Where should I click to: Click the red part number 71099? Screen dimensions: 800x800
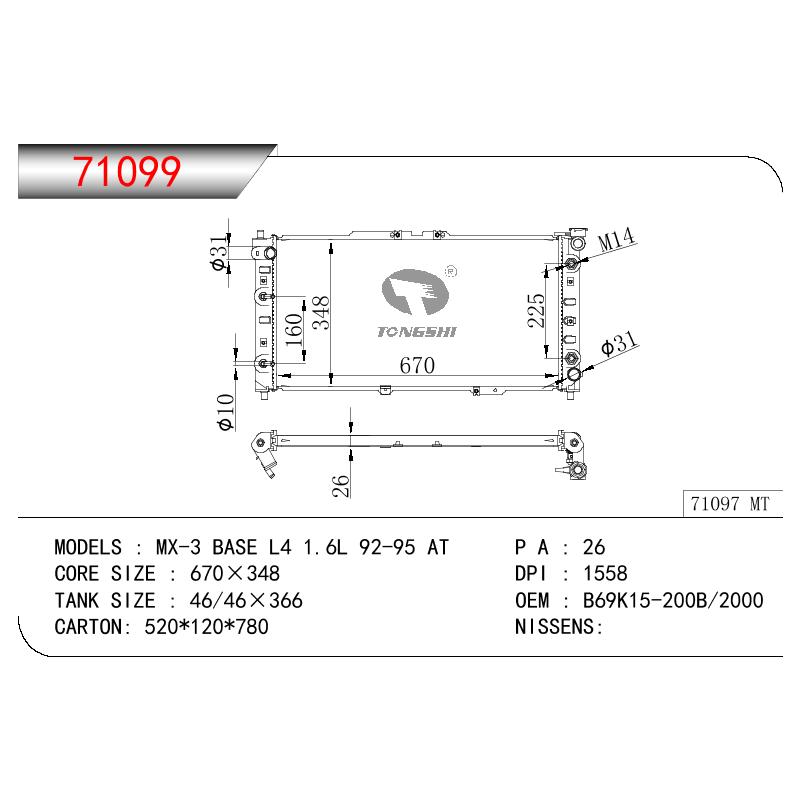pos(127,171)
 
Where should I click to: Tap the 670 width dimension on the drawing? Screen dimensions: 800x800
pos(417,365)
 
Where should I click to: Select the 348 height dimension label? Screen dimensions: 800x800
pos(321,313)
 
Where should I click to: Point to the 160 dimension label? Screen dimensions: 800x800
pos(294,330)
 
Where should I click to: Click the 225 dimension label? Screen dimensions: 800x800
pos(536,310)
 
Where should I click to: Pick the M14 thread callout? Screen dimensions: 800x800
pos(616,239)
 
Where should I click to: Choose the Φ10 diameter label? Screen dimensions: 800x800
pos(226,412)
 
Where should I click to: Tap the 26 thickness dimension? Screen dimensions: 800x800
pos(340,486)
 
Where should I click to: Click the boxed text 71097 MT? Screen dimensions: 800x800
pos(730,504)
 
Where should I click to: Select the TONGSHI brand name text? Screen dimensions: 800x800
pos(417,332)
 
